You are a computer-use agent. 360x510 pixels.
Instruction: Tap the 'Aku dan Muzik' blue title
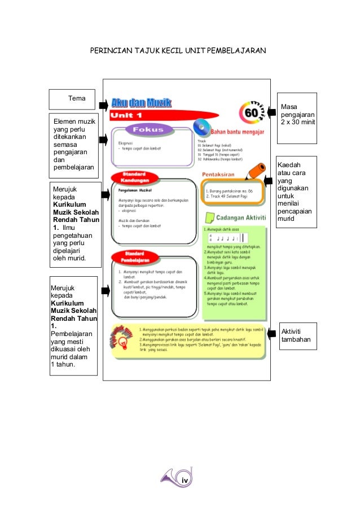point(141,103)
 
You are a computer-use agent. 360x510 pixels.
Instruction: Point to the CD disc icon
point(200,127)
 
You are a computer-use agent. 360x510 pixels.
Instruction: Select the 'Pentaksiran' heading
point(221,175)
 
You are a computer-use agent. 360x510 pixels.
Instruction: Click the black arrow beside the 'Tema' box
point(103,105)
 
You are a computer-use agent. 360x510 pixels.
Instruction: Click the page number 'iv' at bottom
point(183,480)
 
